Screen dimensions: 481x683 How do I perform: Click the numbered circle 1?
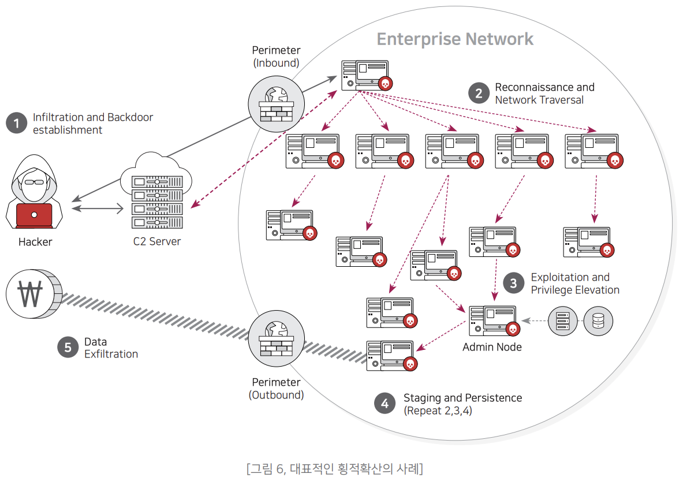point(16,123)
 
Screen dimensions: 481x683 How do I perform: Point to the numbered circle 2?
point(479,93)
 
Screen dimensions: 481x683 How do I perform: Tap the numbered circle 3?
point(514,283)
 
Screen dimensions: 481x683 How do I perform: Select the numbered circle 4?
point(385,404)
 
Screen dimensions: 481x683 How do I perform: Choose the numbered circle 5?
point(68,347)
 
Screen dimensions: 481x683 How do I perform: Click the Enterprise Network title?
point(455,39)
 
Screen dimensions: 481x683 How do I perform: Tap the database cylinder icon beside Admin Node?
point(598,322)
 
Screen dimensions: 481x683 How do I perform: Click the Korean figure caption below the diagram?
point(334,468)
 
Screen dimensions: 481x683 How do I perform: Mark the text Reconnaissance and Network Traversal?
point(544,94)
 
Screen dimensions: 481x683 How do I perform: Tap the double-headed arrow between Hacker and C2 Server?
point(99,207)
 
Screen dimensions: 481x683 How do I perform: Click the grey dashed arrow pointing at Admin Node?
point(534,321)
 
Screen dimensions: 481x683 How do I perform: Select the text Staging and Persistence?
point(462,398)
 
